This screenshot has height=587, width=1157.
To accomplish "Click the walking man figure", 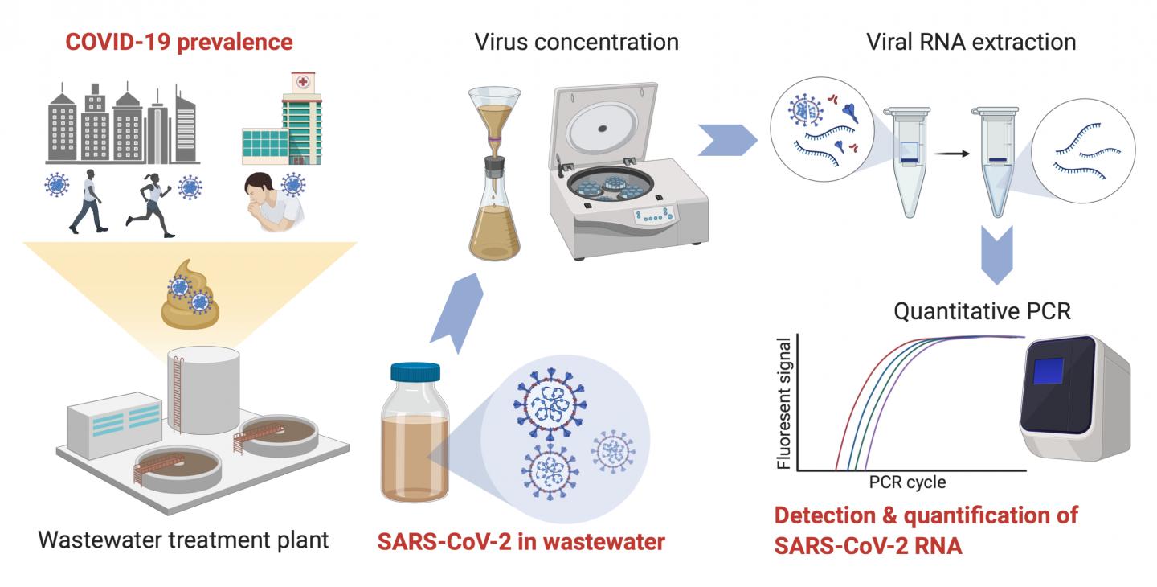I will click(x=89, y=202).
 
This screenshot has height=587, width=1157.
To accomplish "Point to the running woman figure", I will click(x=152, y=204).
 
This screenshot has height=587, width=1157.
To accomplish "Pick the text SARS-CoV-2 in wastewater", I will click(x=521, y=542).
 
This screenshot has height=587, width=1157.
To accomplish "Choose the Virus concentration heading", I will click(x=576, y=41).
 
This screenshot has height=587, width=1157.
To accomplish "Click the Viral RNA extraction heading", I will click(x=971, y=41).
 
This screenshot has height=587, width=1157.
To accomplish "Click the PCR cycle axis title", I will click(x=907, y=483).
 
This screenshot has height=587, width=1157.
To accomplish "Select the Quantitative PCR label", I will click(x=983, y=311).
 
